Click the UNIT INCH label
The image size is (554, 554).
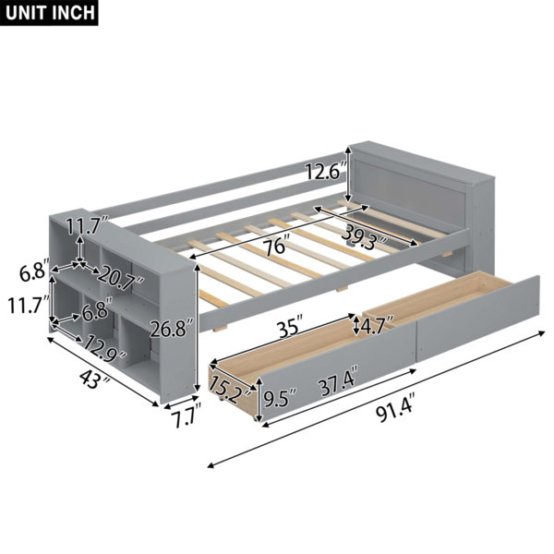50,13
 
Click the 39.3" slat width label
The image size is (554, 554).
365,234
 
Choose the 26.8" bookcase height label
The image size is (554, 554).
172,329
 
